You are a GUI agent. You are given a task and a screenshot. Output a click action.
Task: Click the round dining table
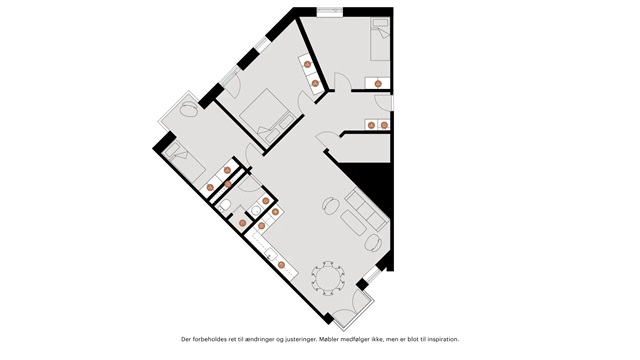(328, 278)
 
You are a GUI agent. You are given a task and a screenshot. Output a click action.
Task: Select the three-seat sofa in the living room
(365, 210)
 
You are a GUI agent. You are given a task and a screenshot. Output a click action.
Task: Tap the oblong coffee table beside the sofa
(353, 222)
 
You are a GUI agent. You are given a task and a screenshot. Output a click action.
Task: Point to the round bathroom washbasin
(256, 211)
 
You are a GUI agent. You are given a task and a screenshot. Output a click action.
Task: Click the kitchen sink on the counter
(271, 255)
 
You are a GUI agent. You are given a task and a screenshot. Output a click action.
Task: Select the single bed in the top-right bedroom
(380, 40)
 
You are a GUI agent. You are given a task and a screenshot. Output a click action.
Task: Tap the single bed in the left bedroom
(184, 163)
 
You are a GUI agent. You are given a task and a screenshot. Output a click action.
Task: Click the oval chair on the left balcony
(189, 110)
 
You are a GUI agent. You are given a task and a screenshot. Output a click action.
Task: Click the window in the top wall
(331, 12)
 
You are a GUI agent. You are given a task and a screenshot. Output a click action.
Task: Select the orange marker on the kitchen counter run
(281, 265)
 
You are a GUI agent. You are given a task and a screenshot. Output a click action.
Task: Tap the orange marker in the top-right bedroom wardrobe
(378, 84)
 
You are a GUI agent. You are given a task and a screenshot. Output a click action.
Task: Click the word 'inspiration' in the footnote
(444, 339)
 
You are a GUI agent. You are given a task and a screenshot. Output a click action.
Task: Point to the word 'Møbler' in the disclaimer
(329, 339)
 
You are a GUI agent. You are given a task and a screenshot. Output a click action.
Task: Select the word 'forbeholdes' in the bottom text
(205, 339)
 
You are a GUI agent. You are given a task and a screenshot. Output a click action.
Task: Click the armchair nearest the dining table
(373, 243)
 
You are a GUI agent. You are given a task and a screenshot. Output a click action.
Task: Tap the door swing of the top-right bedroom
(342, 81)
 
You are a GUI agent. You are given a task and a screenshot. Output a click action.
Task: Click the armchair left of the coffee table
(330, 205)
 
